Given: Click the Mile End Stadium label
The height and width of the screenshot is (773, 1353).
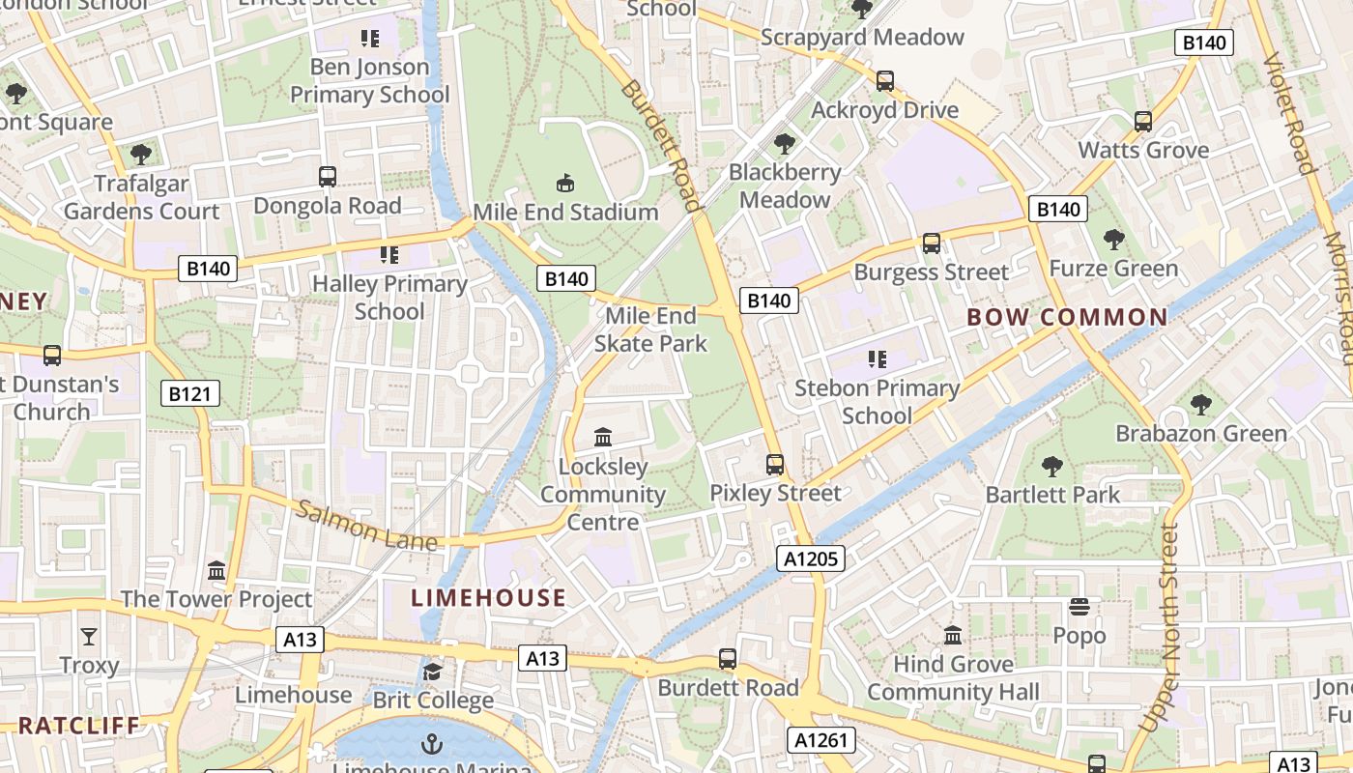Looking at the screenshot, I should pyautogui.click(x=565, y=213).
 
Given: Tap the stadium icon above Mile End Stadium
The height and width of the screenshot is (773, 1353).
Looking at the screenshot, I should pyautogui.click(x=565, y=183).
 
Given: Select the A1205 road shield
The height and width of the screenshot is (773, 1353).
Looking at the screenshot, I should pyautogui.click(x=811, y=558).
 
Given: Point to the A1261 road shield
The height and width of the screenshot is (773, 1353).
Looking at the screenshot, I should pyautogui.click(x=821, y=740).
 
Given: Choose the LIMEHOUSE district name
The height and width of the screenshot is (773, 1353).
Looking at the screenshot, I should pyautogui.click(x=489, y=598).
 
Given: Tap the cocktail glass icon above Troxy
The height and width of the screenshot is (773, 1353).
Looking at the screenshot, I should pyautogui.click(x=89, y=636).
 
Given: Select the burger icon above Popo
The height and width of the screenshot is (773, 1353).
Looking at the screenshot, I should pyautogui.click(x=1080, y=607).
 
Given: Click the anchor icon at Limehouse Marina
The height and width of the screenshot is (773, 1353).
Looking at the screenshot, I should pyautogui.click(x=432, y=743).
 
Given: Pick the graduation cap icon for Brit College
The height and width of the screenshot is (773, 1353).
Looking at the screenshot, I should pyautogui.click(x=432, y=672).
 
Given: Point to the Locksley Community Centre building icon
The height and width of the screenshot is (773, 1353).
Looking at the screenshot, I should pyautogui.click(x=603, y=437).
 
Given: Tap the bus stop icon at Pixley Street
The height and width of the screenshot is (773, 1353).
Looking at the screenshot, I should pyautogui.click(x=775, y=464).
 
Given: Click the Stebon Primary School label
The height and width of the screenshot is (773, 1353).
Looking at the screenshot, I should pyautogui.click(x=877, y=402).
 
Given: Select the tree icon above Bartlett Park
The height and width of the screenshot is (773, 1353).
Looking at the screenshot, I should pyautogui.click(x=1052, y=467).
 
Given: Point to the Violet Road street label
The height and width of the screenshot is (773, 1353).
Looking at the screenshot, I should pyautogui.click(x=1290, y=114).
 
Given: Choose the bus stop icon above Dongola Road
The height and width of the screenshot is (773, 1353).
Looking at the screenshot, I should pyautogui.click(x=328, y=177).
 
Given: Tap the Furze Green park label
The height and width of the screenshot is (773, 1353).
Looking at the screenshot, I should pyautogui.click(x=1113, y=269).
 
